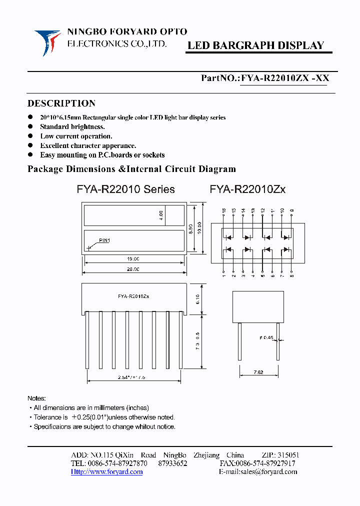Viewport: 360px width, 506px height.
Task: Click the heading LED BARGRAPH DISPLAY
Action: coord(255,45)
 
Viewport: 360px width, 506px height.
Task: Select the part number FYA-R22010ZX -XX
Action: coord(285,78)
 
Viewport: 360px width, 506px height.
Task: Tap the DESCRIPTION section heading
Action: coord(61,103)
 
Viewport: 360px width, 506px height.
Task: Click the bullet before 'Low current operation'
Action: coord(31,136)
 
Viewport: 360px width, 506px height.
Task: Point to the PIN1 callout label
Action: coord(104,240)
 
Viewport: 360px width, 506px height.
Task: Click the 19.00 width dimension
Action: coord(133,259)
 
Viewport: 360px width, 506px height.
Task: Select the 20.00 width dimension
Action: coord(133,269)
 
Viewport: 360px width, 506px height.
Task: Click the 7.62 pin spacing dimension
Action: coord(258,372)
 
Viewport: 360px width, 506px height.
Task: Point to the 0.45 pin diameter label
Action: coord(266,337)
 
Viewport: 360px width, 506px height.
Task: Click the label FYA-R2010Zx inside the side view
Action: coord(133,296)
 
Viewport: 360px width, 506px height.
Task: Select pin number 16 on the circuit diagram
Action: coord(224,211)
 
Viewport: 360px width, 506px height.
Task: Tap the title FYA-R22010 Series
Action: coord(125,189)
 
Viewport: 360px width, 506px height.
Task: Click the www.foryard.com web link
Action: coord(107,472)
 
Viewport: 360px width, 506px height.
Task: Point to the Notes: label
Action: coord(36,398)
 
